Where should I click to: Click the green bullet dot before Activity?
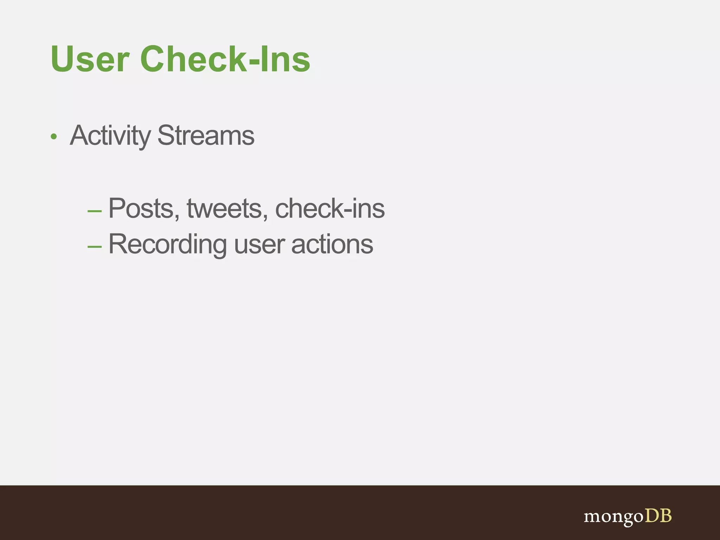click(x=53, y=137)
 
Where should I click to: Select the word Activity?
click(x=110, y=136)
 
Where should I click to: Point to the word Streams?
click(x=206, y=136)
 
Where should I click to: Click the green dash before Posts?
click(x=95, y=211)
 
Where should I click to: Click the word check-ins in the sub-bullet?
click(x=329, y=208)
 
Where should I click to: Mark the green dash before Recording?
click(x=95, y=247)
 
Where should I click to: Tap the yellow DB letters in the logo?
click(x=658, y=516)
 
